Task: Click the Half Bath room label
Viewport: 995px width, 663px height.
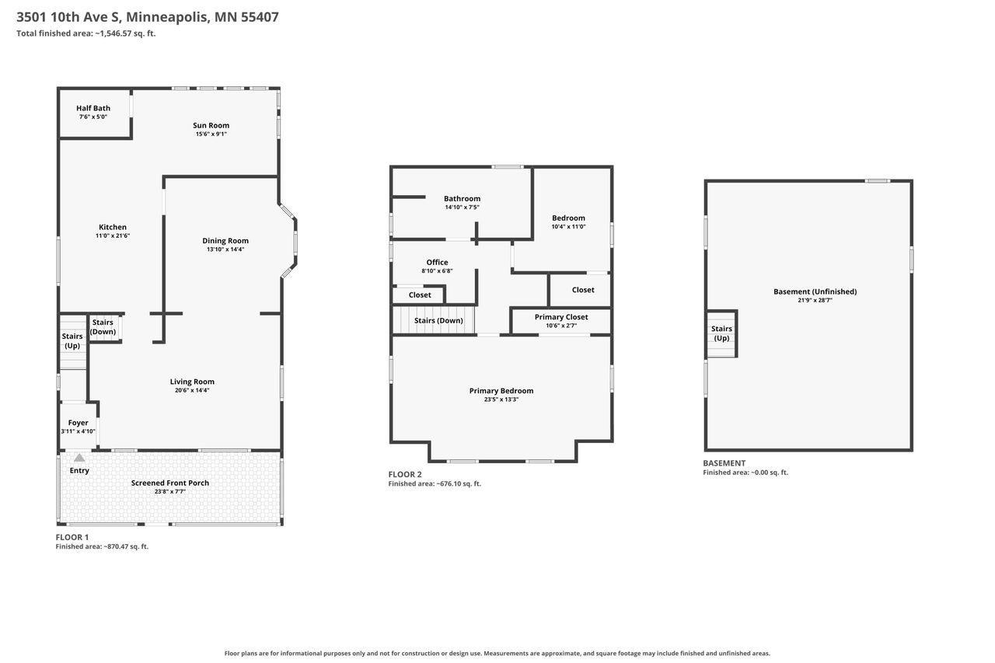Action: pyautogui.click(x=93, y=108)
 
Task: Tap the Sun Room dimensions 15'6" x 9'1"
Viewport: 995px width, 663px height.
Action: pyautogui.click(x=211, y=134)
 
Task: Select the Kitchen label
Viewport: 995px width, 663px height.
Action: pyautogui.click(x=113, y=227)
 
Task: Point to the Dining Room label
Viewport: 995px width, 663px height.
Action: pyautogui.click(x=225, y=241)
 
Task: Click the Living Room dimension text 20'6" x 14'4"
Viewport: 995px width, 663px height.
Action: pyautogui.click(x=192, y=390)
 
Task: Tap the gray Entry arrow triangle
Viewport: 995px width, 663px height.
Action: pyautogui.click(x=79, y=458)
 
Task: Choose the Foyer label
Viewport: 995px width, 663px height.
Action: pyautogui.click(x=79, y=423)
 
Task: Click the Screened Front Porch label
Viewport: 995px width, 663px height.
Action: pyautogui.click(x=169, y=483)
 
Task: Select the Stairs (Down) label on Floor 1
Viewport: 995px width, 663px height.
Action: pyautogui.click(x=103, y=327)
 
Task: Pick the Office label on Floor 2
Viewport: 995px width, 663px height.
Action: pyautogui.click(x=437, y=262)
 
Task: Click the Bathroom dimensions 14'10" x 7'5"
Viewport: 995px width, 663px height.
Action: pyautogui.click(x=462, y=208)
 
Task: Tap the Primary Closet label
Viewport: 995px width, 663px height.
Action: pyautogui.click(x=561, y=316)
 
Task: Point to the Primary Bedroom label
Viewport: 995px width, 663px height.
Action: pyautogui.click(x=501, y=391)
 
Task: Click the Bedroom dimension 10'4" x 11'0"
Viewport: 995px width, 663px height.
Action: pyautogui.click(x=568, y=226)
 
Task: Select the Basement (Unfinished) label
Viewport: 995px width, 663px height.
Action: pyautogui.click(x=815, y=291)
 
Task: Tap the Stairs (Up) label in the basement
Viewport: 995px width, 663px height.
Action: pyautogui.click(x=721, y=333)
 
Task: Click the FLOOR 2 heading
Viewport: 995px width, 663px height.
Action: pyautogui.click(x=405, y=474)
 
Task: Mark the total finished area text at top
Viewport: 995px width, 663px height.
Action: pyautogui.click(x=86, y=33)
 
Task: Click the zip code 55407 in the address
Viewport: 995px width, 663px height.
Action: pyautogui.click(x=260, y=17)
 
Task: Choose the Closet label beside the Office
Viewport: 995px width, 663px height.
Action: pyautogui.click(x=420, y=295)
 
